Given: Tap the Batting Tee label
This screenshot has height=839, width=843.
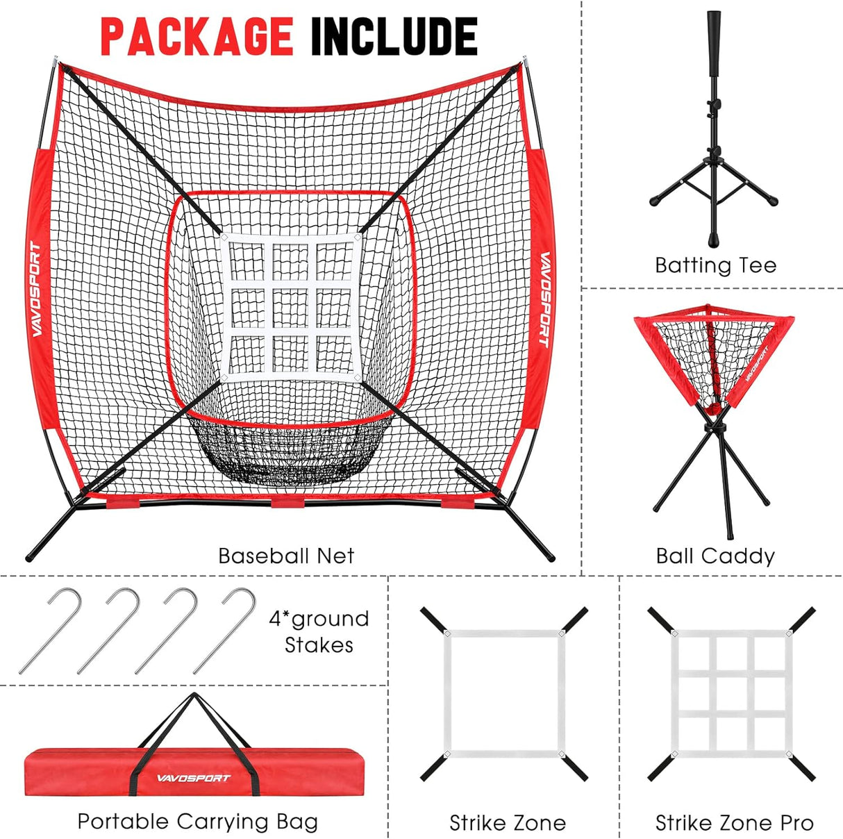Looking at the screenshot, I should [715, 265].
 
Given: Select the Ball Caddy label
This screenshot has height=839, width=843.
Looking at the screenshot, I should [715, 556].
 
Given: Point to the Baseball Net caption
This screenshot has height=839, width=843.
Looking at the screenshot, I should [286, 556].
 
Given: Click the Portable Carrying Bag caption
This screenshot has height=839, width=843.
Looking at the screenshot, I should [198, 822].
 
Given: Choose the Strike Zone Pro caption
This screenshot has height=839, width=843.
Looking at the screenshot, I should [734, 823].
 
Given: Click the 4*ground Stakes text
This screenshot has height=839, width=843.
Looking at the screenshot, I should [319, 631].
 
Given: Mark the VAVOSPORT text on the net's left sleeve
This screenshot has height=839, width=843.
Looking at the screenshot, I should [36, 289].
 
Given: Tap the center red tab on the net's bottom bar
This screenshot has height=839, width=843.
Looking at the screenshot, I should [287, 501].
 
